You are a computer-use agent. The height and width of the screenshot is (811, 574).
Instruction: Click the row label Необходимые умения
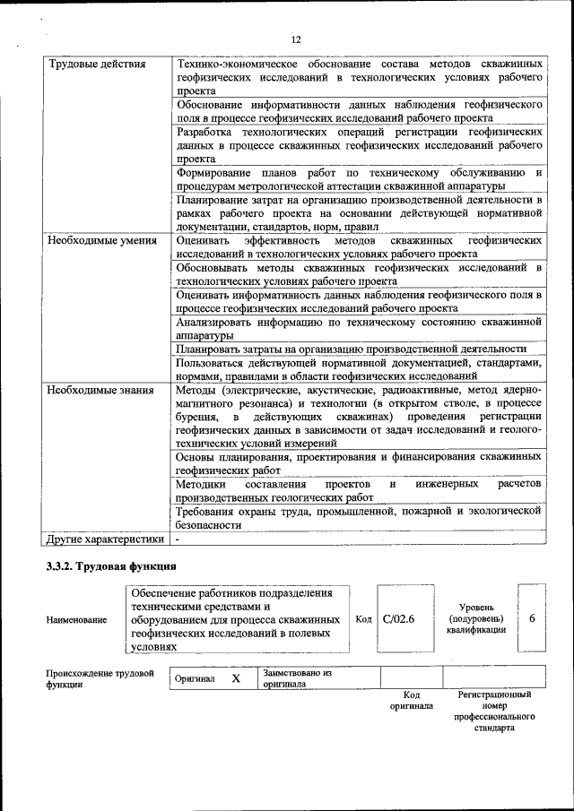pyautogui.click(x=102, y=241)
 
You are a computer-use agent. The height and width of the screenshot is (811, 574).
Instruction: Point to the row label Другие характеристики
pyautogui.click(x=105, y=539)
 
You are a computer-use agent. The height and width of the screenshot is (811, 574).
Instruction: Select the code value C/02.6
pyautogui.click(x=398, y=619)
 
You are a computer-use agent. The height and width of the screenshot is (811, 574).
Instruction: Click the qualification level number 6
pyautogui.click(x=532, y=619)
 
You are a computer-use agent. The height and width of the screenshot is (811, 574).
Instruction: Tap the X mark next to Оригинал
pyautogui.click(x=236, y=679)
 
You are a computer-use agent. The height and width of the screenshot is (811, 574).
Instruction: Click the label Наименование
pyautogui.click(x=77, y=620)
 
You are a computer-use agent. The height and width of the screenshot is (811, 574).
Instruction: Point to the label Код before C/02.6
pyautogui.click(x=363, y=619)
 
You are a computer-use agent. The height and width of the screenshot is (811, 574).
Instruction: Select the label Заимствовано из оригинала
pyautogui.click(x=297, y=678)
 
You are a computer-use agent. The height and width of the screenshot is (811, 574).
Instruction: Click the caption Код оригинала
pyautogui.click(x=411, y=700)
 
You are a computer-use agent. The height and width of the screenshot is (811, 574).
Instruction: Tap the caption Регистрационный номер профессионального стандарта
pyautogui.click(x=494, y=712)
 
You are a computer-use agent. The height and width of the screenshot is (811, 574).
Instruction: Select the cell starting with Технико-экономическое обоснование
pyautogui.click(x=359, y=78)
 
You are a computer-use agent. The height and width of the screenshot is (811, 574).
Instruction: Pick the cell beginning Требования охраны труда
pyautogui.click(x=359, y=517)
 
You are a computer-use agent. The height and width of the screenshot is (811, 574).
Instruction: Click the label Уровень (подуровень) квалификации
pyautogui.click(x=475, y=618)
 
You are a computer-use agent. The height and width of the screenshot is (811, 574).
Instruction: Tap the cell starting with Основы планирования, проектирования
pyautogui.click(x=359, y=462)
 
